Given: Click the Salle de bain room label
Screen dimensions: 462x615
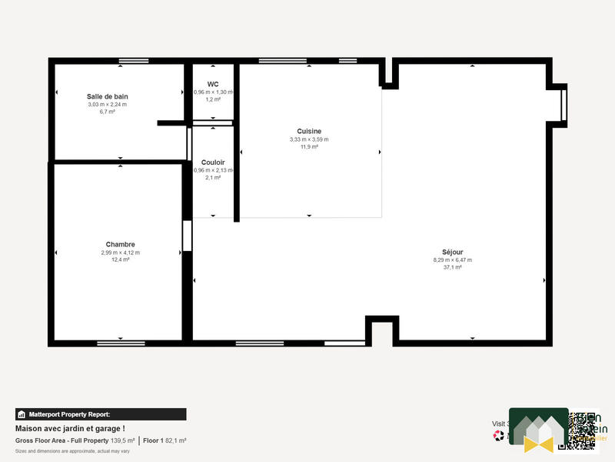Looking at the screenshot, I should [107, 96].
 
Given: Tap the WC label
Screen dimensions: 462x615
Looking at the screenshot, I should [213, 84].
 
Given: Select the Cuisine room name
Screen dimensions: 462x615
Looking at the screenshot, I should [309, 131].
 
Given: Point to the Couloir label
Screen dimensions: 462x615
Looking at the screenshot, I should [213, 162].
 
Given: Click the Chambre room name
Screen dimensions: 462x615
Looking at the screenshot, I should [120, 244].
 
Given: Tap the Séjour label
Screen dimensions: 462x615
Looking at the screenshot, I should [453, 252].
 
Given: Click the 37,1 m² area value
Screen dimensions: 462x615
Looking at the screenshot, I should [453, 267].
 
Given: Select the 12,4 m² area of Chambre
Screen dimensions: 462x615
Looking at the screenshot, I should [120, 259].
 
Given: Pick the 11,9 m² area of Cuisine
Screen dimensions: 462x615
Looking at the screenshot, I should [309, 146].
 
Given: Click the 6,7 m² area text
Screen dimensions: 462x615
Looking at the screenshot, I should [107, 112].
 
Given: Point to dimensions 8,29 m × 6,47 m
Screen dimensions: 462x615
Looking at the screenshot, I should [453, 259].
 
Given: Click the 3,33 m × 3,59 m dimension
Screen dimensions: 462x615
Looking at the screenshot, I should [309, 139].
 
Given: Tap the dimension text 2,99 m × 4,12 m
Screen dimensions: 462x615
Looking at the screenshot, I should [120, 253].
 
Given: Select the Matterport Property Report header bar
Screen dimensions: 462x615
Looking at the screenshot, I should [101, 414].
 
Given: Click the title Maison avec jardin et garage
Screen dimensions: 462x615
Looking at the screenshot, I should [70, 428].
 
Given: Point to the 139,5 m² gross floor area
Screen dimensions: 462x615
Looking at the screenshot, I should [123, 440].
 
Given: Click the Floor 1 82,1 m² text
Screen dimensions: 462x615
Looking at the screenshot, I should [165, 440].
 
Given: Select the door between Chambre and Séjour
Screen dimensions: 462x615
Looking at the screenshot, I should [187, 236].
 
